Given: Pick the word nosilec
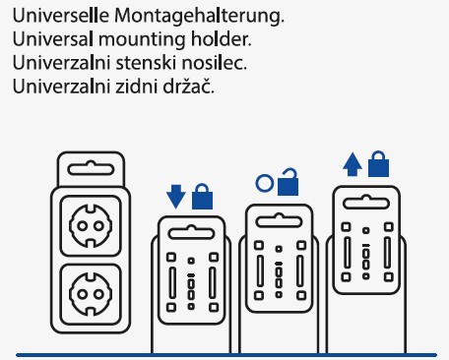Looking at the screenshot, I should click(219, 63).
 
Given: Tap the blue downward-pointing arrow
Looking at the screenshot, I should click(176, 196).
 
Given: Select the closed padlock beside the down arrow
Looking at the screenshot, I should click(202, 195).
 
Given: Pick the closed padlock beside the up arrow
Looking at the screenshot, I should click(378, 164).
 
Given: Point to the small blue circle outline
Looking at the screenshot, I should click(262, 183).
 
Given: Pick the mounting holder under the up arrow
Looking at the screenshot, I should click(366, 247).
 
